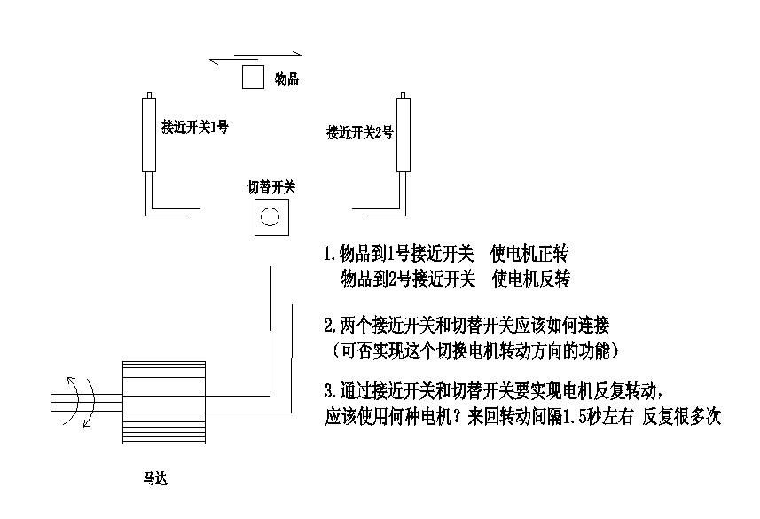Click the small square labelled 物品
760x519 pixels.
[x=253, y=77]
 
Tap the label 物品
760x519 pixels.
[x=286, y=79]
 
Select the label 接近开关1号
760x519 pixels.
[x=194, y=127]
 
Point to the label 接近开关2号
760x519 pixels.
[x=360, y=133]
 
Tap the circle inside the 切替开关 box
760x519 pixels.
[x=270, y=216]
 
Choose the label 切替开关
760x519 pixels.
[x=270, y=187]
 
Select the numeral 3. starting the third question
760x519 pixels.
[x=330, y=390]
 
